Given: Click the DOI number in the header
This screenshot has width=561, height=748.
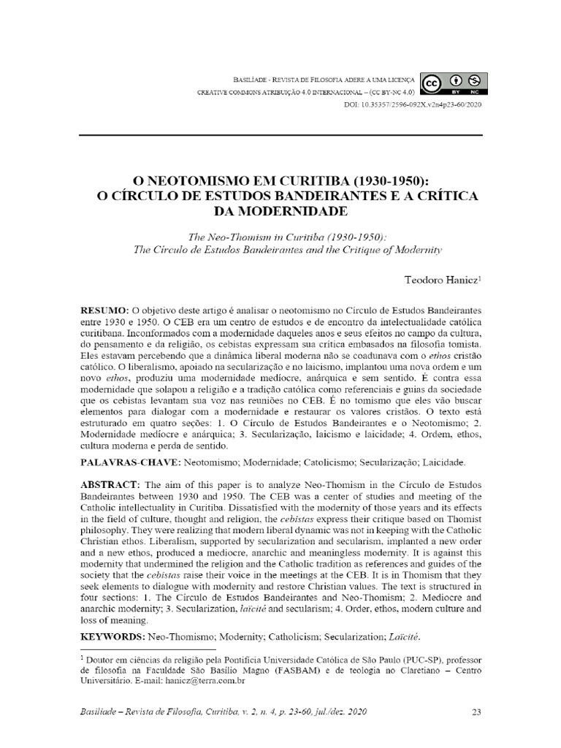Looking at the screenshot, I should pyautogui.click(x=413, y=105).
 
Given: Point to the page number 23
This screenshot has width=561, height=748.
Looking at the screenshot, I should pyautogui.click(x=475, y=712).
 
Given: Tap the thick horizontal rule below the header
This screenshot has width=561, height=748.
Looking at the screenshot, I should pyautogui.click(x=280, y=135).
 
